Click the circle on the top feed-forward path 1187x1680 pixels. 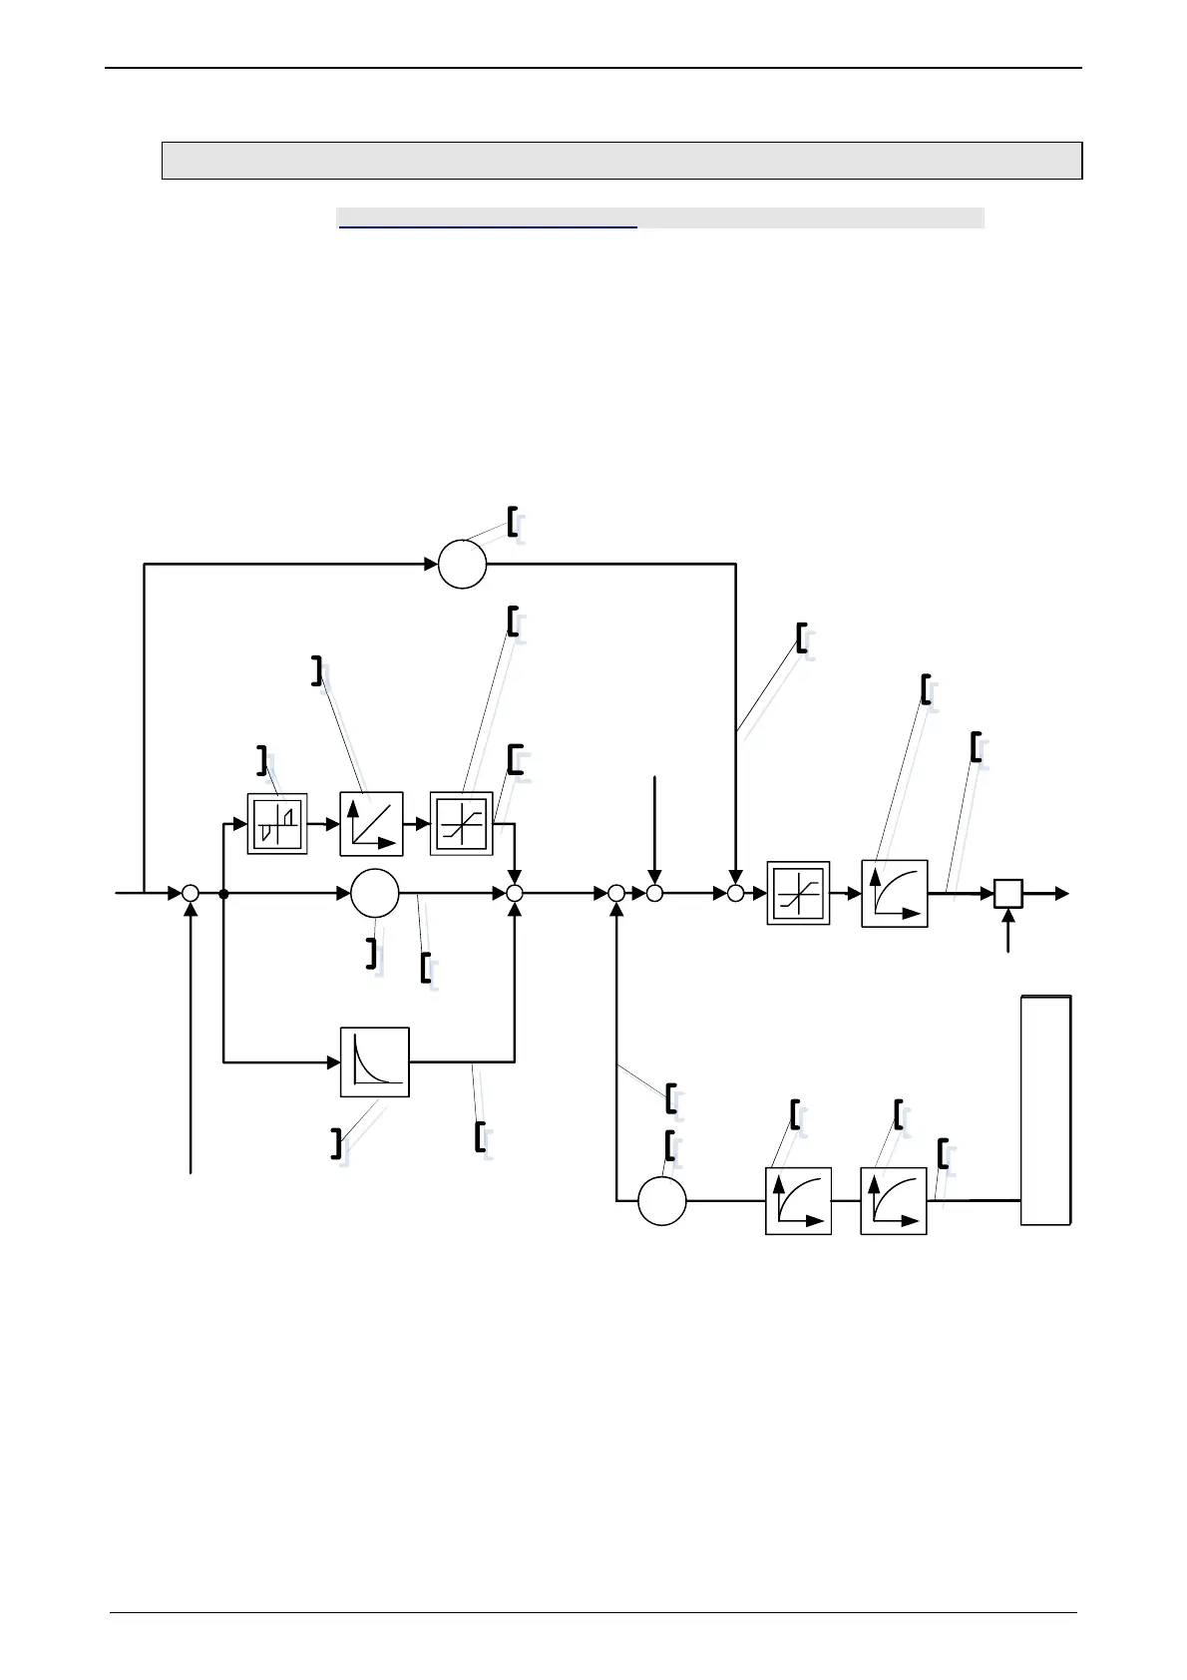point(462,564)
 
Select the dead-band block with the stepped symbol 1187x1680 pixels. point(276,824)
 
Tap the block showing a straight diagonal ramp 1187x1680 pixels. point(371,824)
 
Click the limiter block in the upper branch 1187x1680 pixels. point(461,824)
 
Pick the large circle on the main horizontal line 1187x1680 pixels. point(375,893)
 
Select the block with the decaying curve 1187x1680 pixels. point(375,1061)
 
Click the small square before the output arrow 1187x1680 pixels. point(1008,893)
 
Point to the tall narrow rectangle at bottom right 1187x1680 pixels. point(1045,1109)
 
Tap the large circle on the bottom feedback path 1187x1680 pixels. point(661,1200)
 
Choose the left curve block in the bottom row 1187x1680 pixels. point(798,1200)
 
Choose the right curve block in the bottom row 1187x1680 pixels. point(894,1200)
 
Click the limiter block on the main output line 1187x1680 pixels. point(798,893)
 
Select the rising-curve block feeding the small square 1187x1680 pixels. point(894,893)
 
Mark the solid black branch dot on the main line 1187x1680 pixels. point(223,894)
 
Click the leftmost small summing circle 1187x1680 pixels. point(191,894)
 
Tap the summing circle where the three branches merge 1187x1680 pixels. point(515,894)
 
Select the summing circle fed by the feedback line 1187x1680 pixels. point(616,894)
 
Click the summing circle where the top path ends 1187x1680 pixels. point(735,894)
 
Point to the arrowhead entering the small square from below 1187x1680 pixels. point(1008,915)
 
